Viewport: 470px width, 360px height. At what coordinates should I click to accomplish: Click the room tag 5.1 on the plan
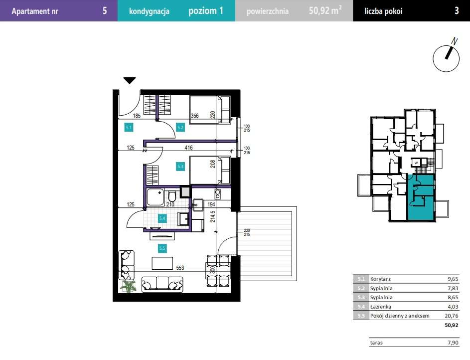point(129,127)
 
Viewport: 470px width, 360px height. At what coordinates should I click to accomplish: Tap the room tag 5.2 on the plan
point(180,127)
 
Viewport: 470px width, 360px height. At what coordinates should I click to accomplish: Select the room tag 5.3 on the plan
point(180,167)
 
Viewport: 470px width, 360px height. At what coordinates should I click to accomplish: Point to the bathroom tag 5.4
point(162,218)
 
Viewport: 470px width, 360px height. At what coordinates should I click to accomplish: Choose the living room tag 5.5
point(162,248)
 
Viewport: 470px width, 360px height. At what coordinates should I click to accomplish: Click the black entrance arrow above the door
point(130,81)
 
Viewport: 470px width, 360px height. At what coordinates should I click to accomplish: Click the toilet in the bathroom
point(172,196)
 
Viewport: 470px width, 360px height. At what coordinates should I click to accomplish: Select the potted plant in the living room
point(128,287)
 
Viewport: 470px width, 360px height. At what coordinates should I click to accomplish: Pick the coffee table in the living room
point(162,263)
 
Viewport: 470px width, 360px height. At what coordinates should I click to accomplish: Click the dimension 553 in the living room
point(180,268)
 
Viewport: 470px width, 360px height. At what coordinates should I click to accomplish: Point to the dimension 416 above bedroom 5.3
point(188,148)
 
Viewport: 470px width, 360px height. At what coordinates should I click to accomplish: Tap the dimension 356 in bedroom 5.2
point(194,116)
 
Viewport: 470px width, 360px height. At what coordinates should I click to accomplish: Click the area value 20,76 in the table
point(452,316)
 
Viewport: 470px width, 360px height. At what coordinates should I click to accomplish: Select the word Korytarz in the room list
point(380,279)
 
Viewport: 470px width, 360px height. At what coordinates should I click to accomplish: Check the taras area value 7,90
point(453,343)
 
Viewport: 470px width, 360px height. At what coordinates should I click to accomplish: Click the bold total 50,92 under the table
point(452,325)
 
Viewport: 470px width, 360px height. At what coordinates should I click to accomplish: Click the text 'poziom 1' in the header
point(206,11)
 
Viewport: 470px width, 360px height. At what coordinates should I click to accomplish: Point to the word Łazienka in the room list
point(380,307)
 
